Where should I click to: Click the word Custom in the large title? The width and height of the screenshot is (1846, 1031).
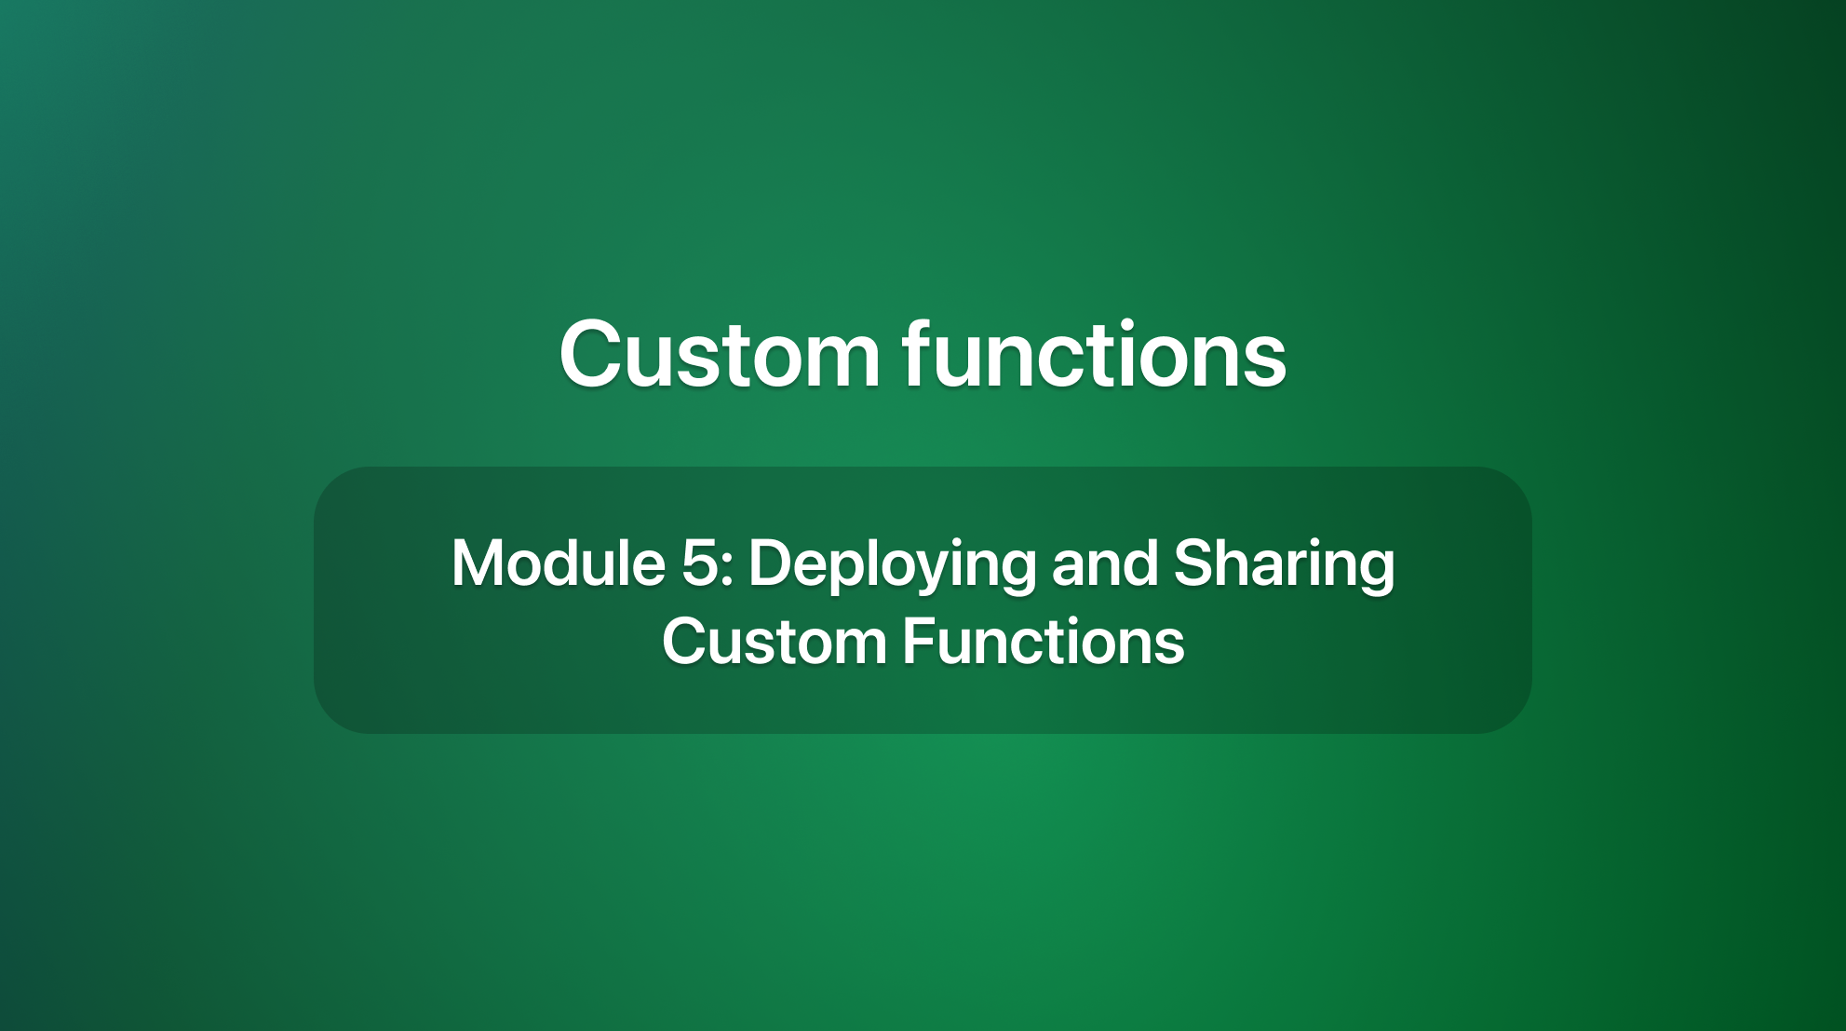pyautogui.click(x=720, y=355)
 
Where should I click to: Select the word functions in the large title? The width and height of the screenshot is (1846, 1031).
pyautogui.click(x=1095, y=355)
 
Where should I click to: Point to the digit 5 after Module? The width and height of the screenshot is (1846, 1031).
pyautogui.click(x=699, y=563)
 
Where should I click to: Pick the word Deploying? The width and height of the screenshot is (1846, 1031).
pyautogui.click(x=892, y=565)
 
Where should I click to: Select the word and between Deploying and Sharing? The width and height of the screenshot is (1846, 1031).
pyautogui.click(x=1105, y=563)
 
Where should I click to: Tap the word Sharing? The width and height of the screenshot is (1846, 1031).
pyautogui.click(x=1285, y=563)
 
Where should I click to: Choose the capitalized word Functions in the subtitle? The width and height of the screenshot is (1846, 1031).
pyautogui.click(x=1044, y=643)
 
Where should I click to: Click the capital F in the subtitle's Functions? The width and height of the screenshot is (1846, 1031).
pyautogui.click(x=917, y=643)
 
